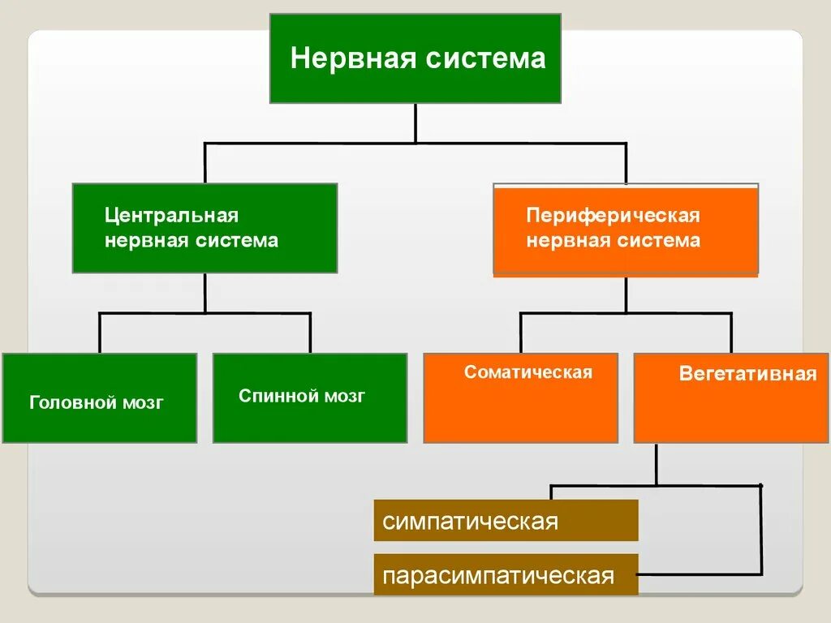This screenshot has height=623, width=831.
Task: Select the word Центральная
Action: click(x=171, y=216)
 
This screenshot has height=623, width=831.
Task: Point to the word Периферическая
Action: click(x=613, y=216)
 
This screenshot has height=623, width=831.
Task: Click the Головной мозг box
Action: click(x=99, y=398)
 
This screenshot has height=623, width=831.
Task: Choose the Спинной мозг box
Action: click(x=310, y=398)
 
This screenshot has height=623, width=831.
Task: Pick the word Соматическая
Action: click(x=528, y=372)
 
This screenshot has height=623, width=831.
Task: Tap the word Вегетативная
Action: click(x=747, y=375)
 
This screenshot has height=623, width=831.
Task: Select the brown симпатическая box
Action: click(x=506, y=520)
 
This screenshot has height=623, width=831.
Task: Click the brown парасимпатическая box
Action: click(x=506, y=575)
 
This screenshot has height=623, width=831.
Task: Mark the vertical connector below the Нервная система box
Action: click(x=415, y=123)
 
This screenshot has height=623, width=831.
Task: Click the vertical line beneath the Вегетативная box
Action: click(x=657, y=463)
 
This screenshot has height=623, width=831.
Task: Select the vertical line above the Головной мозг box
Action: click(x=100, y=333)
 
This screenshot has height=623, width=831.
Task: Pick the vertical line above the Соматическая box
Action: click(x=521, y=333)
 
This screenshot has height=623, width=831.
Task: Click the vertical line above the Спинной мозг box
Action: click(x=310, y=333)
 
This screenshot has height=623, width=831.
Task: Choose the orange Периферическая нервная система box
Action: click(x=626, y=229)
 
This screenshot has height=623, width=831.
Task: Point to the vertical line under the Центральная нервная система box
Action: click(x=205, y=292)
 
